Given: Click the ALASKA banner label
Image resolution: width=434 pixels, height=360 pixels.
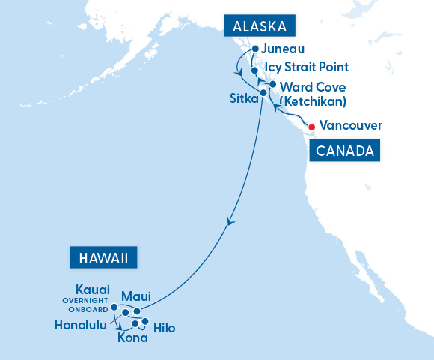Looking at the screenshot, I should tap(260, 27).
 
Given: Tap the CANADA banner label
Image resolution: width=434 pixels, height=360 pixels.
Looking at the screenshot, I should tap(344, 151).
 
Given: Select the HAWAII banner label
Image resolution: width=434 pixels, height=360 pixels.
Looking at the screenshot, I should tap(103, 258).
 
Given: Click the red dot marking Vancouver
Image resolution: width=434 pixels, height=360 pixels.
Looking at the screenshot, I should tap(312, 125).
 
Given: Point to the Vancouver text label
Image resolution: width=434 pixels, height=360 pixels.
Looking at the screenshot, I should tap(351, 125).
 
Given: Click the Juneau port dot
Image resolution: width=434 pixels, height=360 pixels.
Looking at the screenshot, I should tap(255, 49).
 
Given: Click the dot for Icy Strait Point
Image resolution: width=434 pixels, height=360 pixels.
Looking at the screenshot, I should tap(255, 70).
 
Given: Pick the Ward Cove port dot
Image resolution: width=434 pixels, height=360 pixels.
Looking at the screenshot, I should tap(273, 85).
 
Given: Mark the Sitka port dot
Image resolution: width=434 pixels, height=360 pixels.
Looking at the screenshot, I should tap(263, 93).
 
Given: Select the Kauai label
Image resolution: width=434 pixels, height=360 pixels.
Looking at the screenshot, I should tap(93, 289).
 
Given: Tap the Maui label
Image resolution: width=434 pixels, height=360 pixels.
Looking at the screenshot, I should tap(135, 296).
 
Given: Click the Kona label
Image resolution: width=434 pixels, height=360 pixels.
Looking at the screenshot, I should tap(132, 337).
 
